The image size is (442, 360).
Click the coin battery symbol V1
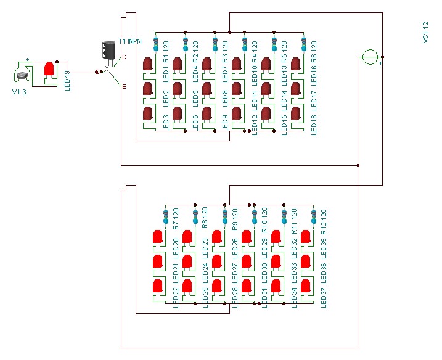tap(23, 76)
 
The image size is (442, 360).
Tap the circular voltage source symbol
tap(369, 57)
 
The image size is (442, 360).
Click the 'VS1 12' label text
tap(425, 31)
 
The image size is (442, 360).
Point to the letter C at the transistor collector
tap(124, 57)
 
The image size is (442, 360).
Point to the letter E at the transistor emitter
tap(124, 87)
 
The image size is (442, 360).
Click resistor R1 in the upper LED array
tap(156, 44)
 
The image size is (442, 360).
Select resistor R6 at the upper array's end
tap(303, 44)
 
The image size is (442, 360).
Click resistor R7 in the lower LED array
tap(165, 217)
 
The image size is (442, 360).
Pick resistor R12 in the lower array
tap(313, 217)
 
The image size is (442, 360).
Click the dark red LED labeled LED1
tap(148, 65)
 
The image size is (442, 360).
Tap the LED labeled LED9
tap(207, 113)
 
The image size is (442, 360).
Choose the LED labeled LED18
tap(296, 113)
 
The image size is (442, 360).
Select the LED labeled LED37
tap(305, 286)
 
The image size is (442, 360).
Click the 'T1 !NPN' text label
tap(130, 42)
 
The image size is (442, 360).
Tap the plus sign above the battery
tap(27, 60)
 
